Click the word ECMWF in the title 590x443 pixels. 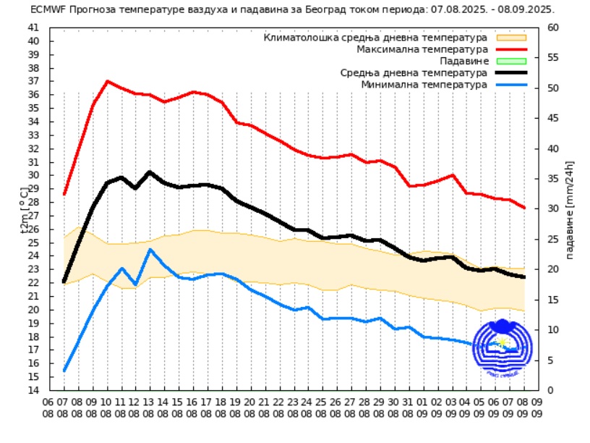48,10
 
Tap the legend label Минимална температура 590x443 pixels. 424,85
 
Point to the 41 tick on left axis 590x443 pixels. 33,28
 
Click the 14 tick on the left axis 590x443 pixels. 33,390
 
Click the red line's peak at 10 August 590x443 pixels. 108,81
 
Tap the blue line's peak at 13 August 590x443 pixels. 150,249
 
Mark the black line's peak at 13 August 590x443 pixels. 150,172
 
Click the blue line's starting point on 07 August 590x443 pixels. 64,371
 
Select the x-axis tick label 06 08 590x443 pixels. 48,408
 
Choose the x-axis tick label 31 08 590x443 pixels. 409,408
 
